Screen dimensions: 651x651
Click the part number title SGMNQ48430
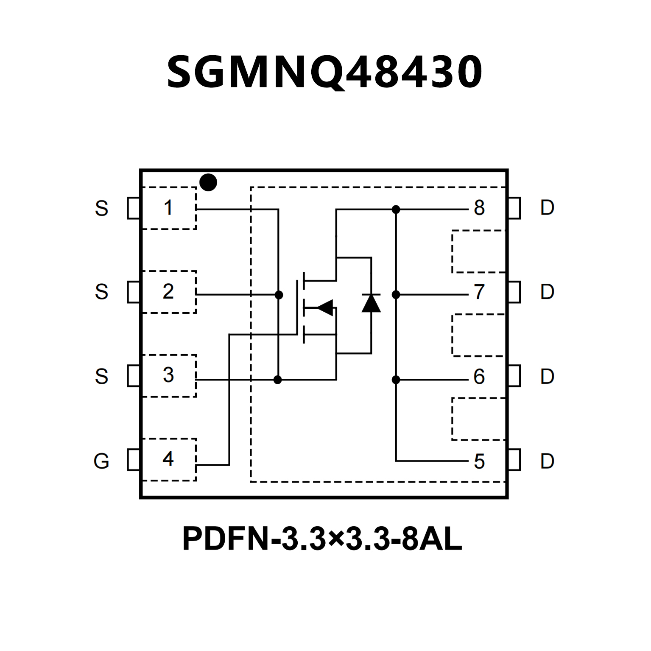coord(325,72)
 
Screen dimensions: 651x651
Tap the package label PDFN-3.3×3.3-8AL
coord(322,539)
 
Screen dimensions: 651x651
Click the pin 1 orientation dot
coord(208,183)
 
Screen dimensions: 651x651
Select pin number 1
coord(168,208)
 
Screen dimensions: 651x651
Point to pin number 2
coord(168,291)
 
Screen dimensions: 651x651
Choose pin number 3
coord(168,375)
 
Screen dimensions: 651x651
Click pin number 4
coord(168,458)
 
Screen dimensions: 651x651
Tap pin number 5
coord(479,461)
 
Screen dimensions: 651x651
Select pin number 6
coord(479,377)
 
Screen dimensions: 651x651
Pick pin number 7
coord(479,292)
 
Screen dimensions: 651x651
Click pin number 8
coord(479,208)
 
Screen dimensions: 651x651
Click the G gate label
coord(101,461)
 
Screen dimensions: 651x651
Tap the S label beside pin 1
coord(101,208)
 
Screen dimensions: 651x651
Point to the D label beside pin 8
coord(547,208)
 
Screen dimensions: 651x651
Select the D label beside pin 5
coord(547,461)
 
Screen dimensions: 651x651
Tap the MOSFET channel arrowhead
coord(325,307)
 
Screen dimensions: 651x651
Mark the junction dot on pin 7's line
coord(396,294)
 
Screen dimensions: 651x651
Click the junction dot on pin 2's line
coord(279,295)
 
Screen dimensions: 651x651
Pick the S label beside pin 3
coord(101,376)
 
